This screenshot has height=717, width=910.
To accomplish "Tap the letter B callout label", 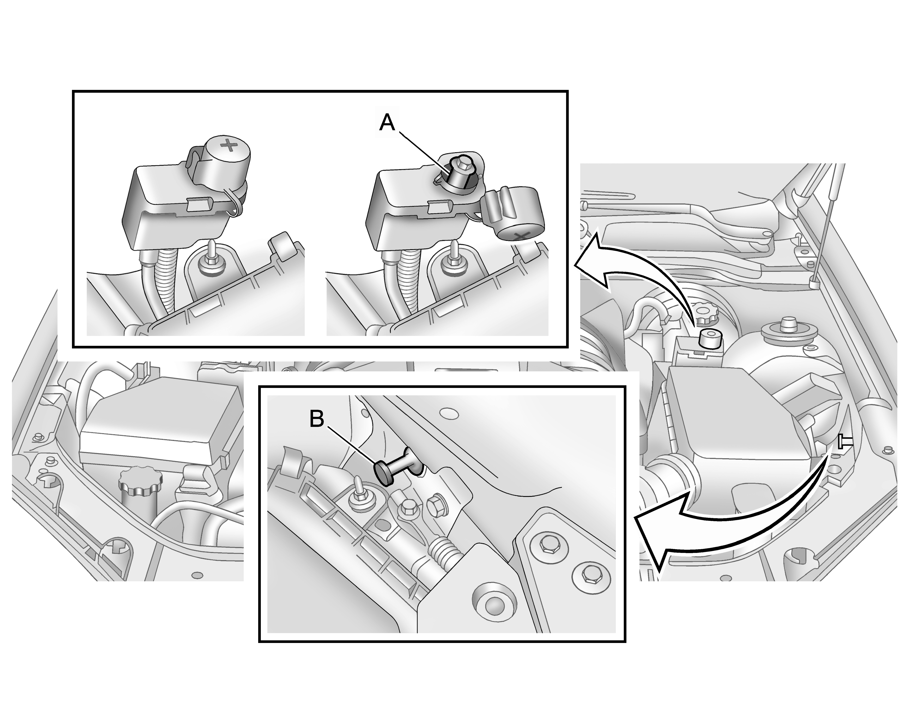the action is pos(317,419).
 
